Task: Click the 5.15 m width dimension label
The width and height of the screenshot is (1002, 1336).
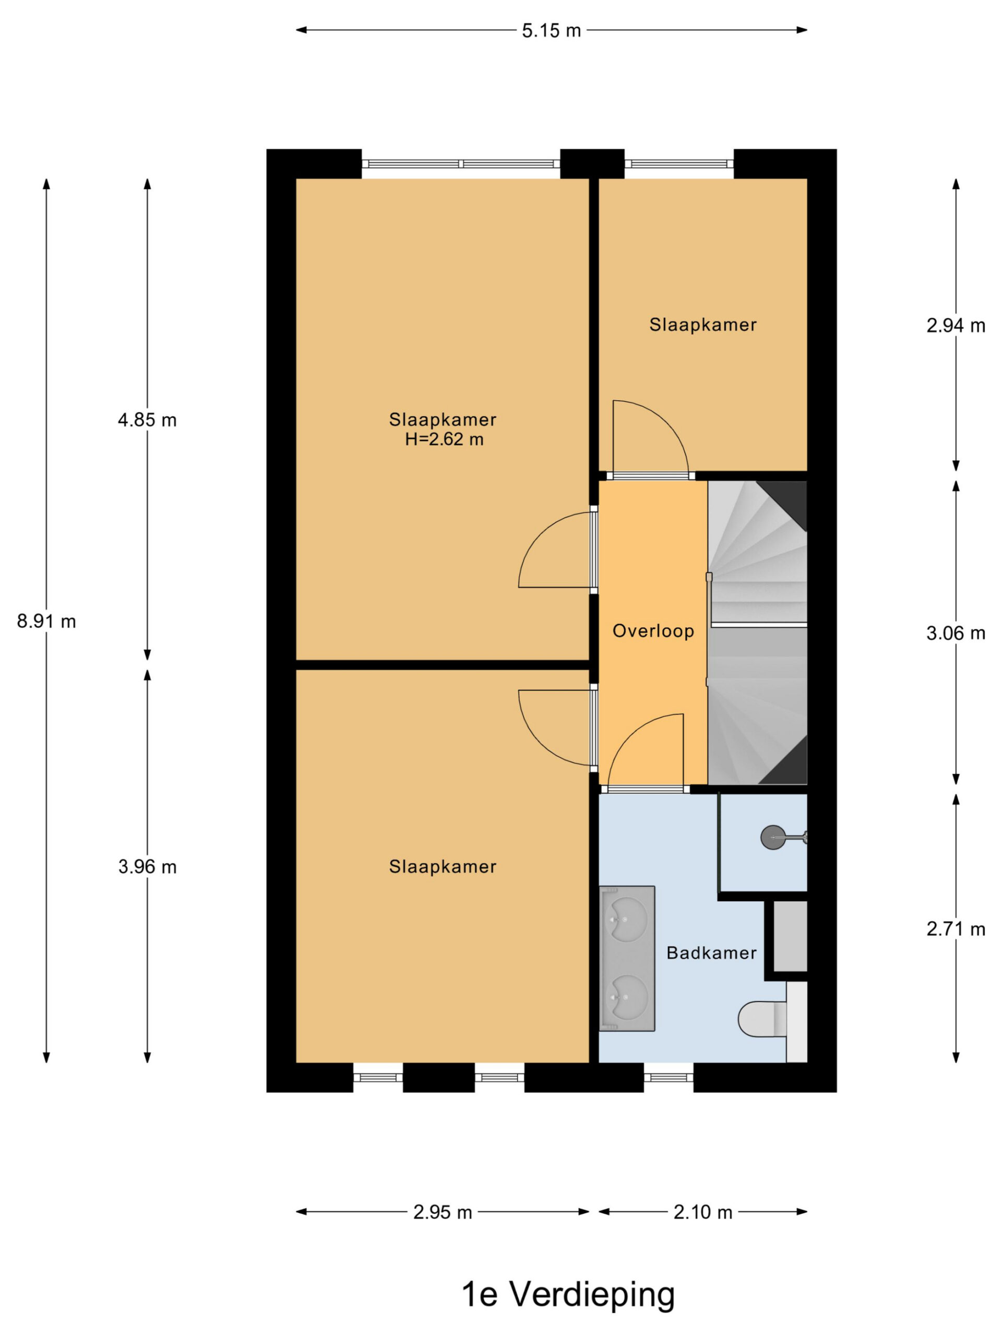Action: pyautogui.click(x=551, y=30)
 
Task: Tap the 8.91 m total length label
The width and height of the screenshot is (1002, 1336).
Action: pyautogui.click(x=46, y=621)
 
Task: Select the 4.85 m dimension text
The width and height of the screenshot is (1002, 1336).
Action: pyautogui.click(x=147, y=420)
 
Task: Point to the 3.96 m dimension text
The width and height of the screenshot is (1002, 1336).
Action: pyautogui.click(x=147, y=867)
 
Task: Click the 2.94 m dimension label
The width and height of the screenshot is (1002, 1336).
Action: pyautogui.click(x=956, y=326)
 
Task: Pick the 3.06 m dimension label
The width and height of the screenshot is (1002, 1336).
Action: pyautogui.click(x=956, y=633)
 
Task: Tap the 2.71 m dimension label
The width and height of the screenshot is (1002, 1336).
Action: pyautogui.click(x=956, y=929)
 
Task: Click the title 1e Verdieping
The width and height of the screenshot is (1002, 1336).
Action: pyautogui.click(x=568, y=1294)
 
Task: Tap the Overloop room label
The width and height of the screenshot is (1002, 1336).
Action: pyautogui.click(x=653, y=631)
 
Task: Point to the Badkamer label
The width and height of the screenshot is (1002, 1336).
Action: pyautogui.click(x=711, y=953)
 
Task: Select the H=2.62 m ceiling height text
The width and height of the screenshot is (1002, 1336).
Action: pyautogui.click(x=444, y=439)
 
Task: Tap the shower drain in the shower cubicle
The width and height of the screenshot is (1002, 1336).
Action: pyautogui.click(x=773, y=837)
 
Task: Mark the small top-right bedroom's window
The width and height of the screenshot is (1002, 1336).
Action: pyautogui.click(x=679, y=163)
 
